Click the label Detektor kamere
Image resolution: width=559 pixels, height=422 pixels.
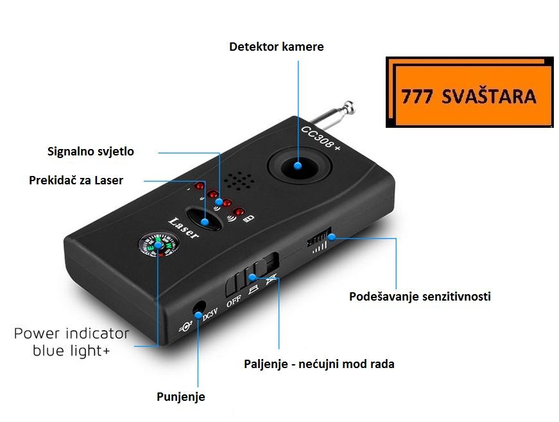point(276,47)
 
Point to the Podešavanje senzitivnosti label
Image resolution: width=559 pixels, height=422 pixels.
point(420,297)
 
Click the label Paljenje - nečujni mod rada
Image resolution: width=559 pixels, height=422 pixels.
point(319,364)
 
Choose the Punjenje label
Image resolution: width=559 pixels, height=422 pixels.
point(180,397)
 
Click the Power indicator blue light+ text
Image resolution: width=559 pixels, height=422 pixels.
point(71,342)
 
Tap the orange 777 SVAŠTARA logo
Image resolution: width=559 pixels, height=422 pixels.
point(469,95)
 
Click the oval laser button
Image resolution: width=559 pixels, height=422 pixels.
point(204,220)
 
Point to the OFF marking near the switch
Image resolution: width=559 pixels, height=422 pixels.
point(232,299)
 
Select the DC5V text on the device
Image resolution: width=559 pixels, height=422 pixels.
point(211,317)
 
